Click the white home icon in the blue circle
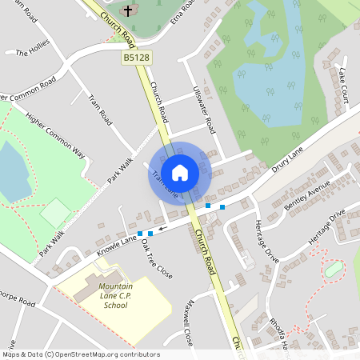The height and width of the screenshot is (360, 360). [x=180, y=173]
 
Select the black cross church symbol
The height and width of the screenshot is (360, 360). [x=128, y=11]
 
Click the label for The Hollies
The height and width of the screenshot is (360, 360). [x=33, y=54]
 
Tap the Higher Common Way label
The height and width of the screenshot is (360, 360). [x=54, y=134]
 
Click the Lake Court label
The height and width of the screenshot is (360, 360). [x=343, y=85]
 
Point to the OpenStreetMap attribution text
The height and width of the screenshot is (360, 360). [x=81, y=354]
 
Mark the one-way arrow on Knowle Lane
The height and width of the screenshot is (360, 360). [x=162, y=230]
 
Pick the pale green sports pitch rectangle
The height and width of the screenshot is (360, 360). [x=56, y=212]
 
